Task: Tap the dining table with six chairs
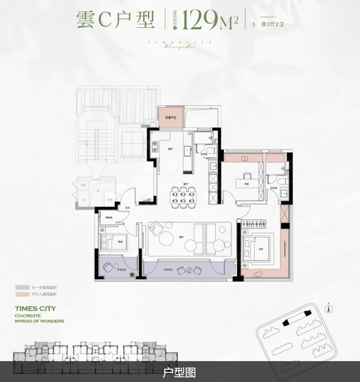(x=183, y=196)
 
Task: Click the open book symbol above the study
(x=245, y=158)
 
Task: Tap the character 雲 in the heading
(x=86, y=20)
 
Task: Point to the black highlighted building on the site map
(x=294, y=319)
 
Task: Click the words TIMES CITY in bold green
(x=35, y=308)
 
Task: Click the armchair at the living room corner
(x=155, y=230)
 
